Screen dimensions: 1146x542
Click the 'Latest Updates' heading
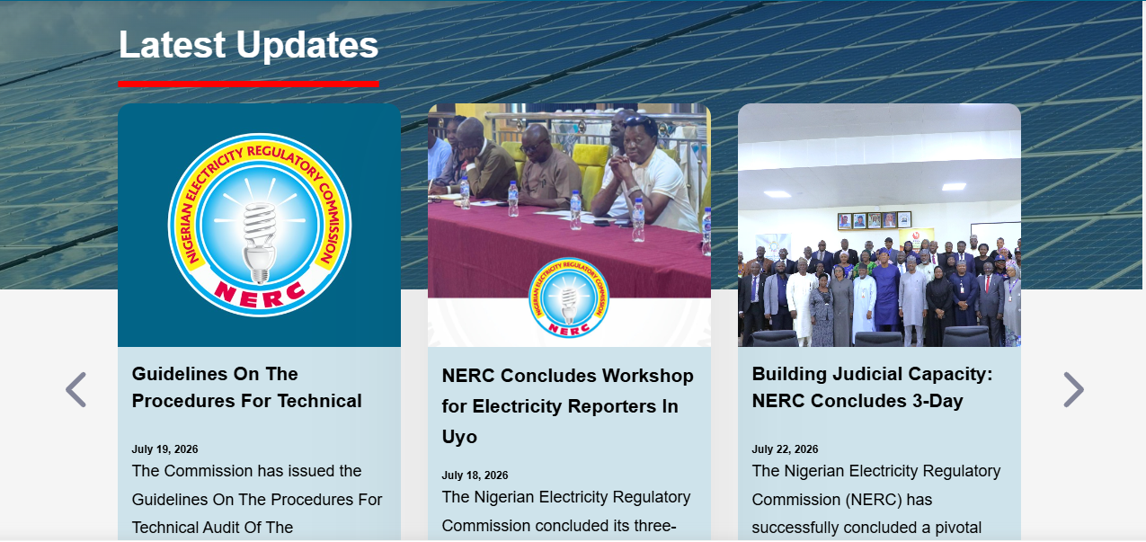[x=249, y=45]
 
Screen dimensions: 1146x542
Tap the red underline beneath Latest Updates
[x=249, y=84]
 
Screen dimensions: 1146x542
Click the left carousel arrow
[x=76, y=390]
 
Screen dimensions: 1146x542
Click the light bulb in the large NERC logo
[x=260, y=242]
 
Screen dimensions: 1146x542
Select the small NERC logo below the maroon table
[x=569, y=298]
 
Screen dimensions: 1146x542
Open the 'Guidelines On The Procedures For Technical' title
[x=246, y=387]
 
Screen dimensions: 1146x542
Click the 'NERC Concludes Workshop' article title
[x=568, y=406]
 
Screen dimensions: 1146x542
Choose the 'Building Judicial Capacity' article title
[x=872, y=387]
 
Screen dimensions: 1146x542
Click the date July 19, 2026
[x=164, y=449]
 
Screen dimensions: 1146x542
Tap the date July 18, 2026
[x=475, y=475]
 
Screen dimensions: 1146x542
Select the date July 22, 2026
[x=785, y=449]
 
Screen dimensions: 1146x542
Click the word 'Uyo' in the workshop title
[x=459, y=437]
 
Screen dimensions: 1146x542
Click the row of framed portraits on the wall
[x=875, y=220]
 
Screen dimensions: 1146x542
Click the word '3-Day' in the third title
[x=937, y=401]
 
